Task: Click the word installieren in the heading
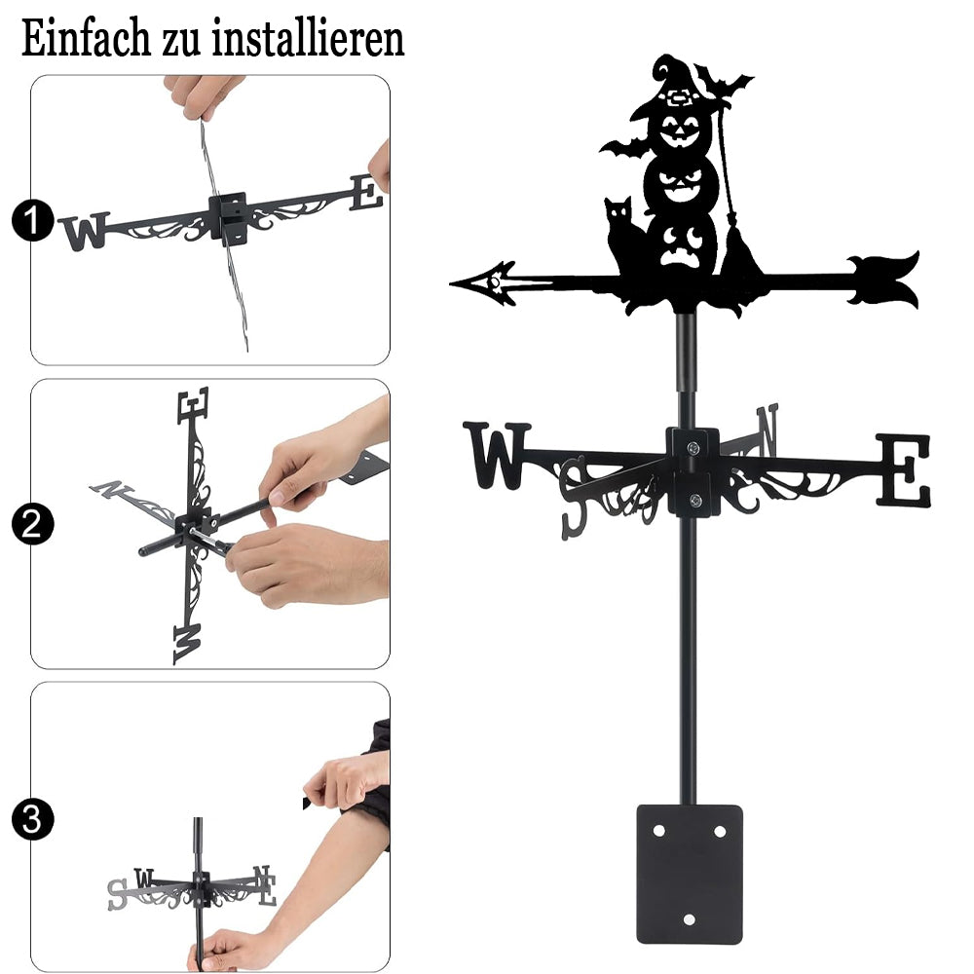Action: click(309, 38)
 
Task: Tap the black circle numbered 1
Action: click(32, 220)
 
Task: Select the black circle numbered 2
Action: click(32, 524)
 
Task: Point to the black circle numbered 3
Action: click(32, 819)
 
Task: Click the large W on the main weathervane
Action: click(497, 455)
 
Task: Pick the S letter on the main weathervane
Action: click(575, 497)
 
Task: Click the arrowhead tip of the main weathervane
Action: click(450, 284)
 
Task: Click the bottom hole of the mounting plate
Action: click(689, 918)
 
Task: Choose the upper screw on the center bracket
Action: click(693, 447)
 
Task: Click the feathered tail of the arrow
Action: click(883, 279)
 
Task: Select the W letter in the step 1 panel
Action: click(85, 231)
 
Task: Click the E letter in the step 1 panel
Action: click(366, 193)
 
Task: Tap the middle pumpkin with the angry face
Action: click(681, 181)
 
